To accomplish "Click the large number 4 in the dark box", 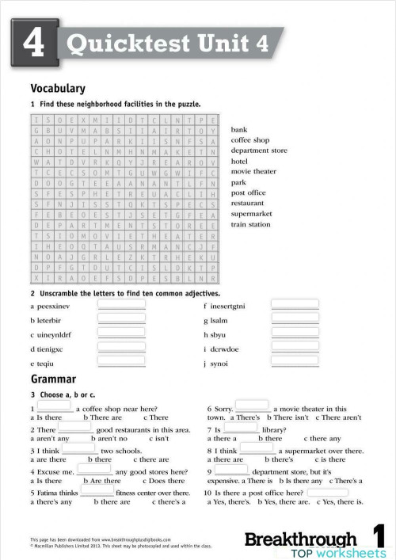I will (x=33, y=44).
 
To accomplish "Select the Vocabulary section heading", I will (x=58, y=89).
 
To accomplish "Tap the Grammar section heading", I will (x=53, y=379).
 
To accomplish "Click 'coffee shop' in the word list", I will (x=250, y=139).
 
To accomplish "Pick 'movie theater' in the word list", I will (x=253, y=171).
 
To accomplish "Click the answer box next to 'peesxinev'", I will (x=121, y=305).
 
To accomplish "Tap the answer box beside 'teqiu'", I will (x=121, y=363).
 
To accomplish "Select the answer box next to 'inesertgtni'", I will (x=295, y=305).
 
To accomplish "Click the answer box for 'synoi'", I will (x=295, y=363).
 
